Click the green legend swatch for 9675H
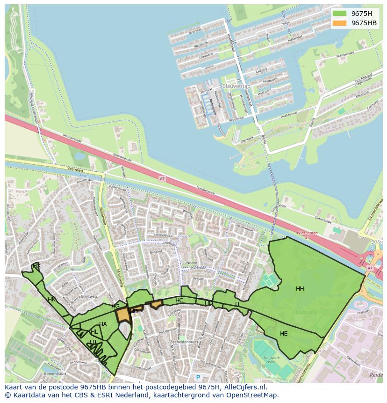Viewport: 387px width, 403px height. click(340, 14)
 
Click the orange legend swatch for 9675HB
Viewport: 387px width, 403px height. click(340, 23)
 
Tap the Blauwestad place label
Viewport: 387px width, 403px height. click(236, 87)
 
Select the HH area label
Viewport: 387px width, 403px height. click(300, 289)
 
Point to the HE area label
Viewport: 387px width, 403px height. click(284, 334)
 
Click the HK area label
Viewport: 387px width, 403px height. click(51, 300)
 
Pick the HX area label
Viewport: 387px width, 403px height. click(36, 266)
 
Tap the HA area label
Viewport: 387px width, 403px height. click(103, 324)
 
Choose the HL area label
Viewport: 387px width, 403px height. click(94, 332)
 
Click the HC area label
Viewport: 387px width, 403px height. click(179, 300)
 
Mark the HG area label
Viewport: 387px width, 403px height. click(115, 307)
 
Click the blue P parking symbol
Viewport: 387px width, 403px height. click(198, 377)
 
